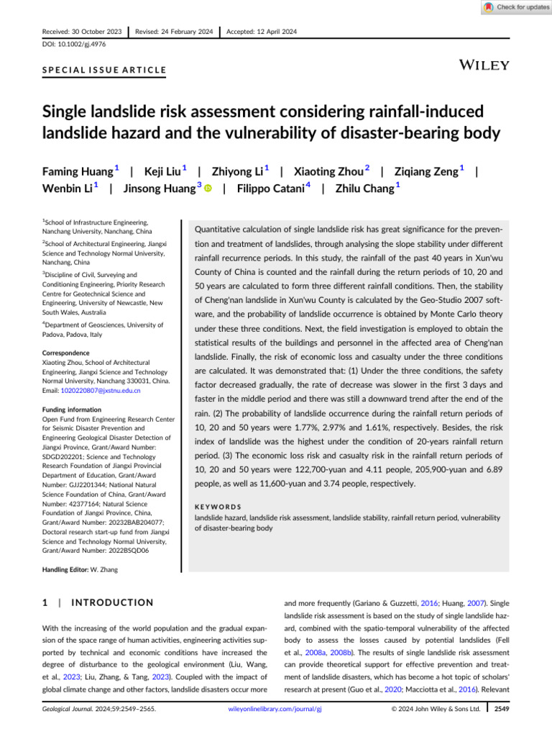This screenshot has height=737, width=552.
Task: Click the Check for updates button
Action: tap(512, 7)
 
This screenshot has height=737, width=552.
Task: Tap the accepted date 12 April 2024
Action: tap(262, 32)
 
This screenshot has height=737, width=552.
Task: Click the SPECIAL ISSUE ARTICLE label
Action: tap(104, 71)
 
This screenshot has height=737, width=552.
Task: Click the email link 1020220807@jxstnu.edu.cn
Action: tap(101, 390)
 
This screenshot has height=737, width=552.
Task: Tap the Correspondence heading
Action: tap(65, 353)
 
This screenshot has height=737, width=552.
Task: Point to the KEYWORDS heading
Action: tap(220, 507)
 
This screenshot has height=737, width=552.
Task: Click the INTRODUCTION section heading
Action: tap(114, 602)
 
